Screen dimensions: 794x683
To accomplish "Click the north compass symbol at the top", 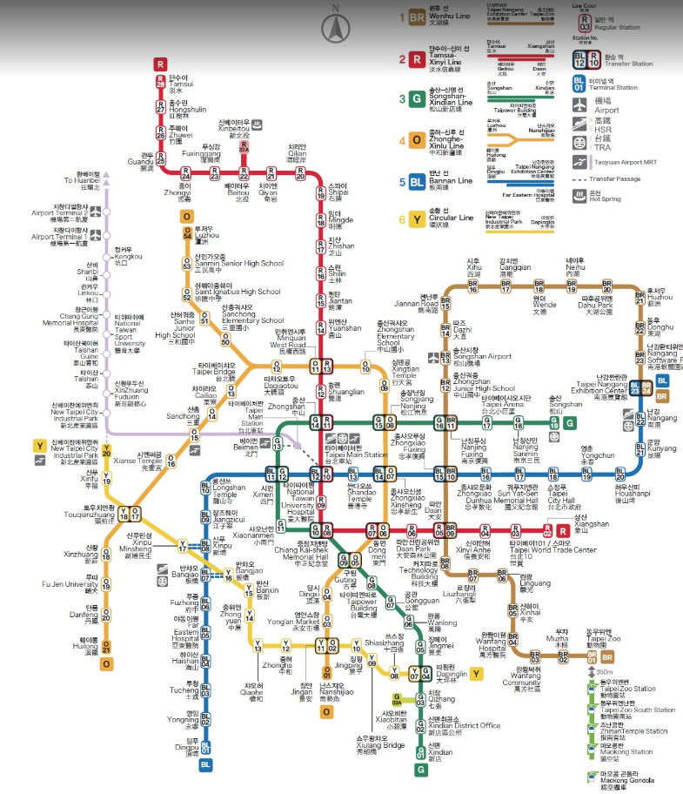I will click(x=335, y=28).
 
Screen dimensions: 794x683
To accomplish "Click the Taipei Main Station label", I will click(x=356, y=455).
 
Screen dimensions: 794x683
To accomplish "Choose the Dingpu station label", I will click(x=187, y=744).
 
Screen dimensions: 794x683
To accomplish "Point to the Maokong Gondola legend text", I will click(x=617, y=777).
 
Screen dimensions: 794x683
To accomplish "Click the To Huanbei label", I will click(x=83, y=180).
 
